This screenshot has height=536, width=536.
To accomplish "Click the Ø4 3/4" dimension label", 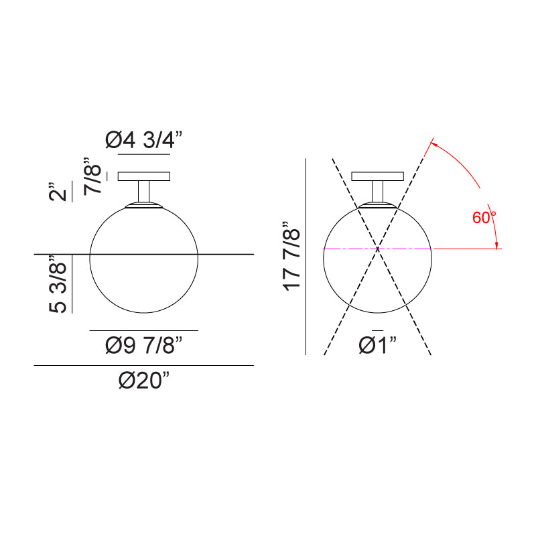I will tap(144, 140).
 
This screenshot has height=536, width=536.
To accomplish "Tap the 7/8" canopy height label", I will tap(93, 176).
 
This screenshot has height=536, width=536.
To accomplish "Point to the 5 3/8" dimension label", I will tap(59, 284).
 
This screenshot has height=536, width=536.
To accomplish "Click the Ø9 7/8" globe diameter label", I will tap(144, 346).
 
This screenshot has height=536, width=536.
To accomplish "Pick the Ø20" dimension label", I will tap(144, 381).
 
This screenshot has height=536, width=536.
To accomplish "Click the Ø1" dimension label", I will tap(378, 345).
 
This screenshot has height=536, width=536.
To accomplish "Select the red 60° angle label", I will tap(484, 218).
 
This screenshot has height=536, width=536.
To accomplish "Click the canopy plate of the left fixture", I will tap(144, 177).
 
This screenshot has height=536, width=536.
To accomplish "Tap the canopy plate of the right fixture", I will tap(378, 177).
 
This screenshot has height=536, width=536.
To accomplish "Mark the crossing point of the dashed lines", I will tap(378, 249).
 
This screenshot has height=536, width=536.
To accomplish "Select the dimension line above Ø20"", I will tap(144, 365).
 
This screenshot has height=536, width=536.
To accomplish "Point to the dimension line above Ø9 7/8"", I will tap(144, 330).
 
